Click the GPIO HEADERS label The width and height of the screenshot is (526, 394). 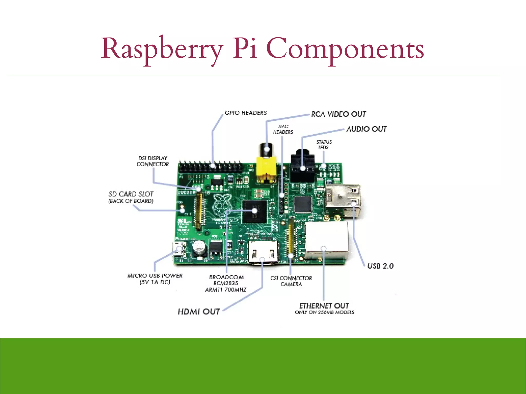246,113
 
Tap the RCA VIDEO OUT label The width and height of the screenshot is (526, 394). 338,114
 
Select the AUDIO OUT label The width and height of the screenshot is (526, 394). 366,129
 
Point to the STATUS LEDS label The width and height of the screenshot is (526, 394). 324,145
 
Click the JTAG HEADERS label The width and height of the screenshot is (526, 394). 283,129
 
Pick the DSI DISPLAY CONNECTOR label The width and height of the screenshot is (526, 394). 153,161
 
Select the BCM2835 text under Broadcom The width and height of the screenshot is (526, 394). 226,283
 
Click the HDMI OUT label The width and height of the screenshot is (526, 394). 199,312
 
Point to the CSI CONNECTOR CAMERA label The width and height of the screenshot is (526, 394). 291,281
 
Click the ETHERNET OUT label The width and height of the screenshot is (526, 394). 324,306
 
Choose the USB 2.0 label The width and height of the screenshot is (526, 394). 380,266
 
